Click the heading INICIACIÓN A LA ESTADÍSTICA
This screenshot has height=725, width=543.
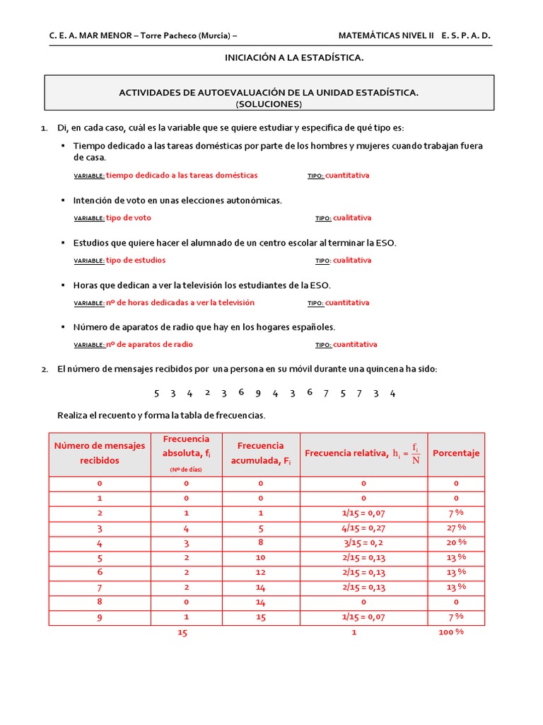[x=294, y=57]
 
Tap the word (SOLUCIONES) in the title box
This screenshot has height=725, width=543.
[x=269, y=104]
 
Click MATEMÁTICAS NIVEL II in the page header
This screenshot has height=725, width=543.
[x=386, y=35]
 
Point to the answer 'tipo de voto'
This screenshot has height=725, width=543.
[x=129, y=218]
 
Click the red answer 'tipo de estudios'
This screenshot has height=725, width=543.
[x=136, y=261]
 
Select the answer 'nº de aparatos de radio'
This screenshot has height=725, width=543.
[x=149, y=345]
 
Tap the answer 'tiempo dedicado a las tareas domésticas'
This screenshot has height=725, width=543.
[x=182, y=176]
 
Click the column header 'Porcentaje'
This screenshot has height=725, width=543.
[x=456, y=454]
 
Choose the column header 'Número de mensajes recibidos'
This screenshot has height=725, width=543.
[x=100, y=453]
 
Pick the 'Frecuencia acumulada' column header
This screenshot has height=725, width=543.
[x=260, y=453]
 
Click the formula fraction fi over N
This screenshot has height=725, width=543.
[x=416, y=454]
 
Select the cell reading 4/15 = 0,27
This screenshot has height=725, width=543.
[x=364, y=527]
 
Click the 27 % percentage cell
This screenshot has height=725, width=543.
[x=456, y=527]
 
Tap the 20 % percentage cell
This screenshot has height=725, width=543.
[x=456, y=542]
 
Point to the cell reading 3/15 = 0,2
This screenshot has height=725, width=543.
[x=364, y=542]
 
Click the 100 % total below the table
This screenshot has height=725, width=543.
[x=450, y=632]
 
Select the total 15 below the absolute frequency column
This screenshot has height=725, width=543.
[x=182, y=633]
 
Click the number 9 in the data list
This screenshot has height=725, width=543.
[x=258, y=394]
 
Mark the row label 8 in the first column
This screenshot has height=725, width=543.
[x=100, y=602]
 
